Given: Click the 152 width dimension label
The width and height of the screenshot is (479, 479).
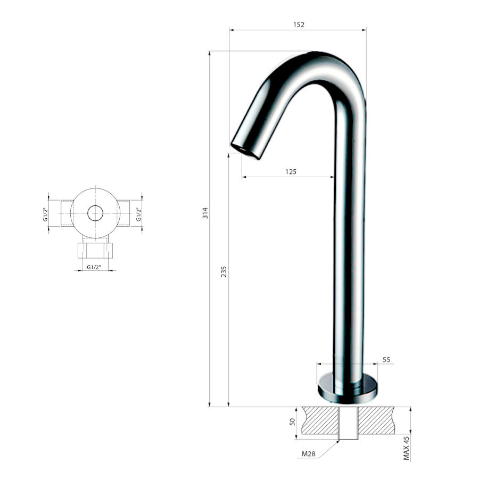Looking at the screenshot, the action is tap(299, 24).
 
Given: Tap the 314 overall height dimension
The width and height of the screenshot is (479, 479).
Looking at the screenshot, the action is tap(205, 212).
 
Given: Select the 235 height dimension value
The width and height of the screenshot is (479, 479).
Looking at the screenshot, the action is tap(224, 271).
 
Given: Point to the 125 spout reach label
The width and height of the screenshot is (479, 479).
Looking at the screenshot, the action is tap(291, 172).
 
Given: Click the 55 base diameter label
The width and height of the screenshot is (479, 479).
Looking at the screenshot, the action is tap(386, 360).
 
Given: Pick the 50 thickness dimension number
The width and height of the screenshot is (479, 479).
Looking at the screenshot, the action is tap(292, 422).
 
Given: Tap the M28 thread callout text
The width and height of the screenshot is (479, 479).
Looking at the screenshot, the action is tap(309, 453).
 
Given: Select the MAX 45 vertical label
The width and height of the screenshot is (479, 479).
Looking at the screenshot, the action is tap(406, 448).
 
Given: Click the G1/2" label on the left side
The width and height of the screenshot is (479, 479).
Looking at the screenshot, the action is tap(46, 214).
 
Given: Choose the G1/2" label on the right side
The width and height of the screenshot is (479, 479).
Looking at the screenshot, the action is tap(139, 214).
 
